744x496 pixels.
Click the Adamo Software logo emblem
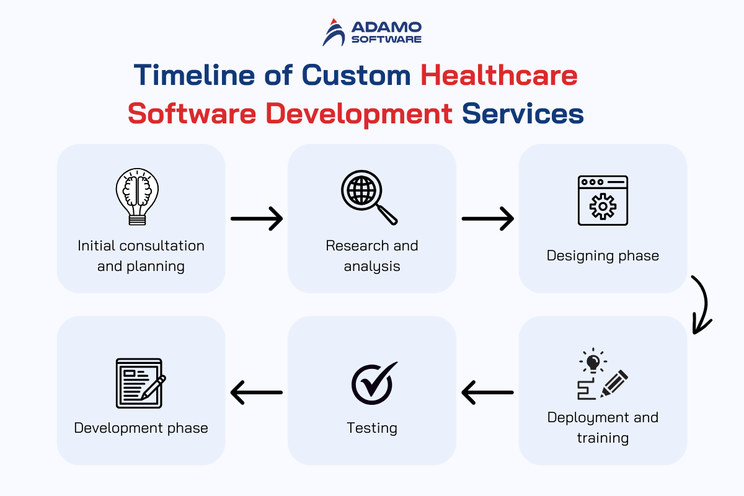click(x=334, y=33)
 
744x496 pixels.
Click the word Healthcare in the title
click(x=499, y=76)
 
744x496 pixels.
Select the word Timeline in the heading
click(x=194, y=75)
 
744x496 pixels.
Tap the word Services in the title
click(x=523, y=113)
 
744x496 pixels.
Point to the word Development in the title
click(x=359, y=115)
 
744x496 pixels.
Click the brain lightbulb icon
click(x=137, y=197)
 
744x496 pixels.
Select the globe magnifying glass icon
click(x=370, y=197)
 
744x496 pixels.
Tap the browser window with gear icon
click(x=603, y=201)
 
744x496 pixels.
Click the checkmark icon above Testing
click(x=374, y=383)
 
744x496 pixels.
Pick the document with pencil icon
click(x=141, y=383)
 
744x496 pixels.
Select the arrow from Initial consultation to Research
click(x=257, y=219)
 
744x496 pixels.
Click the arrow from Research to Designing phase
click(x=487, y=219)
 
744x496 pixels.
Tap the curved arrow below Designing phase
click(x=706, y=303)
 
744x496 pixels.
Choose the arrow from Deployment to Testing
click(x=487, y=392)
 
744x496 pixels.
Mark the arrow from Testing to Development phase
click(x=257, y=392)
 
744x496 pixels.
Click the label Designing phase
click(x=603, y=256)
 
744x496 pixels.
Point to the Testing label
click(x=372, y=428)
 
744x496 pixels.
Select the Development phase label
click(x=141, y=428)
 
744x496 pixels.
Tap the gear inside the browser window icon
click(x=603, y=206)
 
